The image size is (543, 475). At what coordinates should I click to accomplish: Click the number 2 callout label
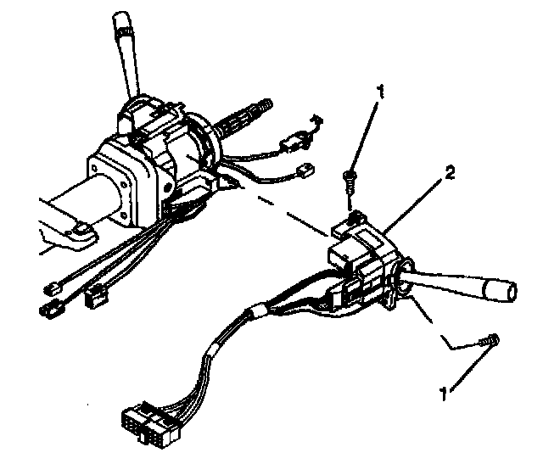click(x=451, y=174)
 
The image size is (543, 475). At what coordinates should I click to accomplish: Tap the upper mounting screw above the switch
click(x=349, y=178)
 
